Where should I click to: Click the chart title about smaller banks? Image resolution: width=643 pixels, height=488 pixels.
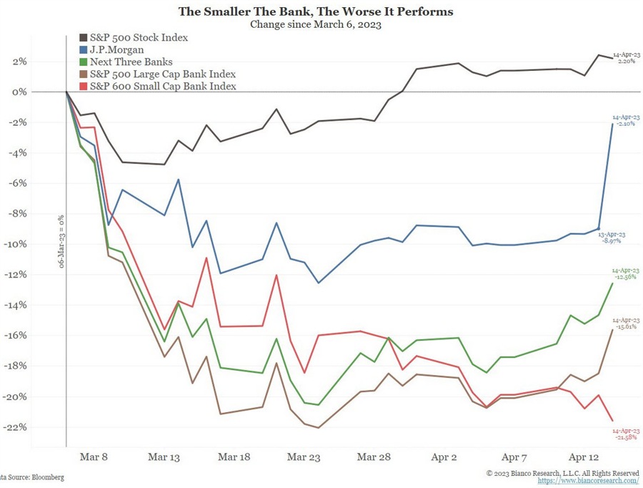[315, 12]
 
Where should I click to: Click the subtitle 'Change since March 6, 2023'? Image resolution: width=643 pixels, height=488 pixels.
[315, 25]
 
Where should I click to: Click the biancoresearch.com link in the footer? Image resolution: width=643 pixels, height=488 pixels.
[588, 481]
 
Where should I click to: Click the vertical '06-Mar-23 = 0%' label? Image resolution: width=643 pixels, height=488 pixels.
[61, 241]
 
